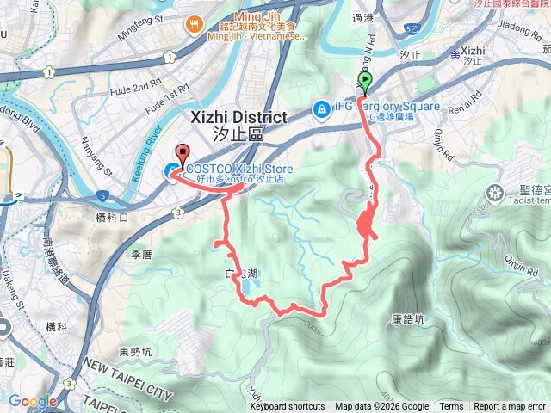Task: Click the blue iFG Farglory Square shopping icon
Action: tap(321, 108)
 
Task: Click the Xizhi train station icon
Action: tap(455, 53)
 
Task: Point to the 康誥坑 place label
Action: tap(407, 319)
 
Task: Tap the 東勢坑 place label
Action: tap(136, 351)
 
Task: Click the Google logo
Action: tap(33, 401)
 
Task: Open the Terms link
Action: tap(451, 407)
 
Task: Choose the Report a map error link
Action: tap(511, 407)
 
